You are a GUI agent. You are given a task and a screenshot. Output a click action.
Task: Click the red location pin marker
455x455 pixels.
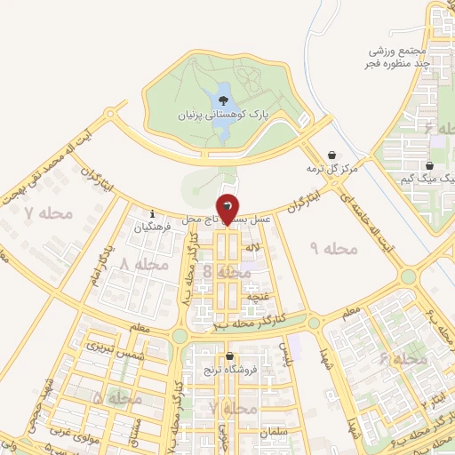point(228,208)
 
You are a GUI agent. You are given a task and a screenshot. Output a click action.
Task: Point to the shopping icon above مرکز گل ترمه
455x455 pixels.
point(332,155)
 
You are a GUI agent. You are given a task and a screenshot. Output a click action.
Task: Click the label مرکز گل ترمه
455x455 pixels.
point(331,168)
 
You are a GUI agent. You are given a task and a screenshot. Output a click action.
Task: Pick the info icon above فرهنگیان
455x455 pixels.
point(153,214)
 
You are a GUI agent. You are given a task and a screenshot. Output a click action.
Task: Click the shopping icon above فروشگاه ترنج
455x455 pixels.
point(229,355)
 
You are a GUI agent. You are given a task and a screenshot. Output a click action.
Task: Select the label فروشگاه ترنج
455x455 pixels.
point(229,368)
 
